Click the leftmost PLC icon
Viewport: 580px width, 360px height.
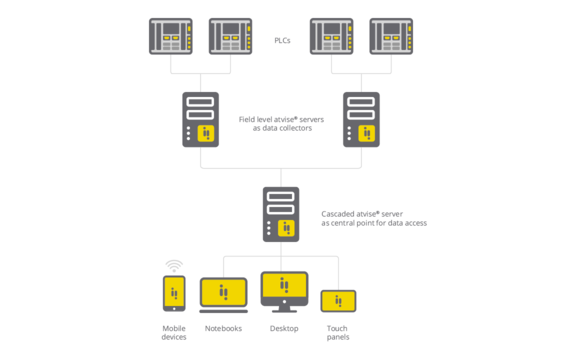click(x=170, y=37)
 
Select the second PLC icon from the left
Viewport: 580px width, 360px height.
click(x=230, y=37)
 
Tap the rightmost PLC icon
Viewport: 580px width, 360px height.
click(x=391, y=37)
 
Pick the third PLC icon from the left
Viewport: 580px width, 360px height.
click(x=331, y=37)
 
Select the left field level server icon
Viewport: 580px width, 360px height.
click(x=200, y=119)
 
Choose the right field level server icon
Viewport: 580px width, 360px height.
click(x=361, y=119)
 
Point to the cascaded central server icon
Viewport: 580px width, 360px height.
click(x=281, y=214)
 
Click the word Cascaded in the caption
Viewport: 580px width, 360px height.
click(x=342, y=213)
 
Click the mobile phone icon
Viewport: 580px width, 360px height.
click(x=174, y=293)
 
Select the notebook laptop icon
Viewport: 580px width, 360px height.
click(x=224, y=295)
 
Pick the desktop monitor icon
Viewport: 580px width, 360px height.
click(x=284, y=291)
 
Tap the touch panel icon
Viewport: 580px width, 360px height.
click(x=338, y=301)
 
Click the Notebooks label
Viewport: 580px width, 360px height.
click(x=224, y=328)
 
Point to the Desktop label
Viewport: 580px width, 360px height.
click(x=284, y=328)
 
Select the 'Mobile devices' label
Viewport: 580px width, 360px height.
click(x=174, y=332)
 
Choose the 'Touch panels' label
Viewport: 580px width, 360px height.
click(x=338, y=332)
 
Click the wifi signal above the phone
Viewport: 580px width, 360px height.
click(x=174, y=266)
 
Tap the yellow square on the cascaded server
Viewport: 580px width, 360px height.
click(x=287, y=228)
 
